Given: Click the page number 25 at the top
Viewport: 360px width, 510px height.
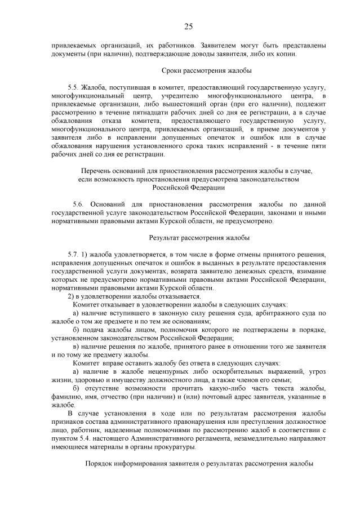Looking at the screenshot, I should (x=188, y=26).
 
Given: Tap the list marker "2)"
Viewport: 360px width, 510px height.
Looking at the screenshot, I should (x=72, y=296).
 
